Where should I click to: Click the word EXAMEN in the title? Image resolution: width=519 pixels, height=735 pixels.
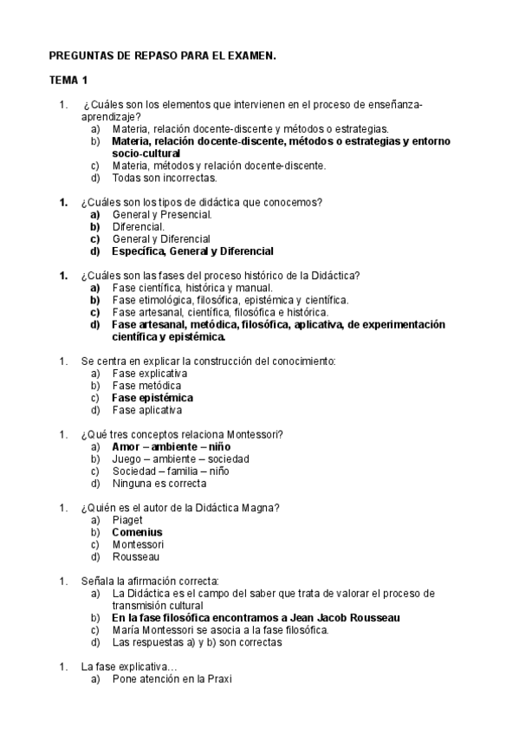(x=252, y=55)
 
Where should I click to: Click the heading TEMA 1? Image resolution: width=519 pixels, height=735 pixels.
(x=68, y=81)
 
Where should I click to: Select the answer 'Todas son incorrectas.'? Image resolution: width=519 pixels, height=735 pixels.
(x=164, y=178)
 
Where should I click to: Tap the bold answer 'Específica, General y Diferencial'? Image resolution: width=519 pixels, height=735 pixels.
(x=192, y=251)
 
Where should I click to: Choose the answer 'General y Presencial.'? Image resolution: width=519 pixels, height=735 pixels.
(x=162, y=214)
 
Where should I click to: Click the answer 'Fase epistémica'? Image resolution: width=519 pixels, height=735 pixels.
(x=152, y=398)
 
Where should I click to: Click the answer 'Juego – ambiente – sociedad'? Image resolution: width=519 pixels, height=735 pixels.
(x=180, y=459)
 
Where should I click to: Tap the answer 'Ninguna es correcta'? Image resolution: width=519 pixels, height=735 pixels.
(x=159, y=483)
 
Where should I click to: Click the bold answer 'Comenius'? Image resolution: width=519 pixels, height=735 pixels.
(x=137, y=532)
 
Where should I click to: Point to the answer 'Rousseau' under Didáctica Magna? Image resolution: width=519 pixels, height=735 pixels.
(x=135, y=556)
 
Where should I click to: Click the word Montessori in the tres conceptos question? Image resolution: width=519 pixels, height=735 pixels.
(x=256, y=434)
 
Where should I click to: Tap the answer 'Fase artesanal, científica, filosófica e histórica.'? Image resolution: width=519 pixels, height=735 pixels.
(x=220, y=312)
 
